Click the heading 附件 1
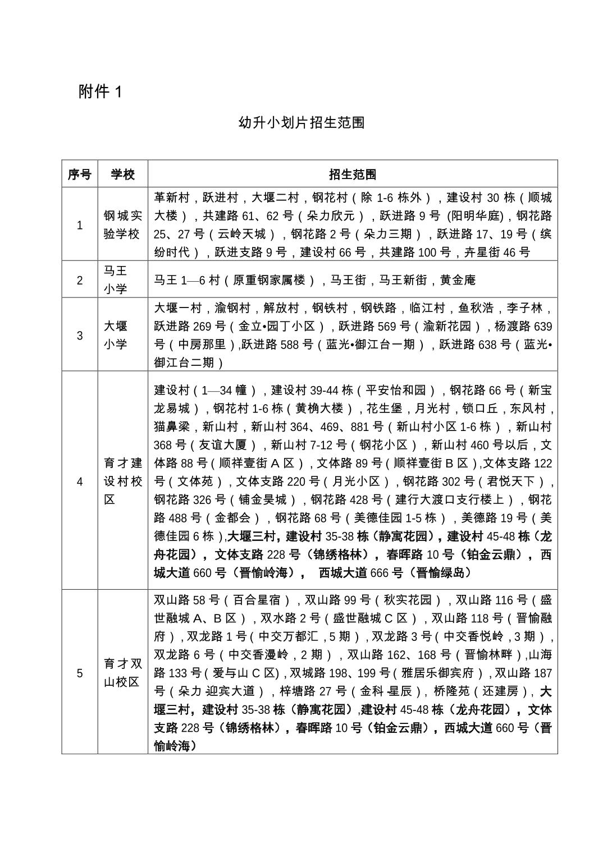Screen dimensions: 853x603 [x=100, y=91]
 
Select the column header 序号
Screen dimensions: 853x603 [x=79, y=174]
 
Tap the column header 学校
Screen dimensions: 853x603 [x=122, y=174]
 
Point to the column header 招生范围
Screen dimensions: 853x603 [x=353, y=174]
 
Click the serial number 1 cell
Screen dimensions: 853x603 [x=79, y=225]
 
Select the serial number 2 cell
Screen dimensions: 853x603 [x=79, y=279]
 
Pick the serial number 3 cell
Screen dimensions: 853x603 [x=79, y=335]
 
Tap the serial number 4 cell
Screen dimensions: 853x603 [x=79, y=481]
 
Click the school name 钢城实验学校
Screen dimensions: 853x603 [x=122, y=225]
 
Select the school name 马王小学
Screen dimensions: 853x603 [x=116, y=279]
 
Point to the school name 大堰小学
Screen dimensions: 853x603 [x=116, y=335]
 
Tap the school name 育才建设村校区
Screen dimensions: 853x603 [x=122, y=481]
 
